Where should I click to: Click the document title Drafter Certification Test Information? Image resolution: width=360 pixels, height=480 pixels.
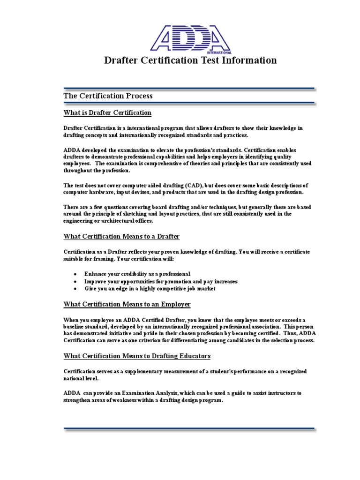tap(190, 60)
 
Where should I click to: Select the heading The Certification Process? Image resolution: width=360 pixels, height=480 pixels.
tap(108, 96)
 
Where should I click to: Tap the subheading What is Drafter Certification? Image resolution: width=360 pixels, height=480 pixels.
tap(107, 112)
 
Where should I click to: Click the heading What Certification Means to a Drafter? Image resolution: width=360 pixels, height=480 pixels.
tap(121, 236)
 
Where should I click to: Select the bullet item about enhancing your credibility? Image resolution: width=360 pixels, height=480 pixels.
tap(137, 274)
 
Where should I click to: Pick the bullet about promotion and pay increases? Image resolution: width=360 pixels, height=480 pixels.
tap(161, 281)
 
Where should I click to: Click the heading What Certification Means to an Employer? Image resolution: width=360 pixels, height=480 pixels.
tap(127, 304)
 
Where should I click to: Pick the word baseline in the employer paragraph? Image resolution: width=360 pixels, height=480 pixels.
tap(76, 326)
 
